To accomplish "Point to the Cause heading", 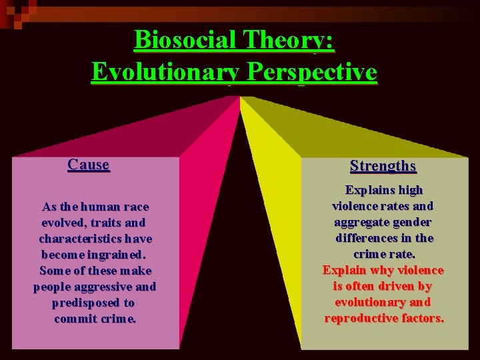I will pyautogui.click(x=89, y=165).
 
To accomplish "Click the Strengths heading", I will pyautogui.click(x=383, y=166).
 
